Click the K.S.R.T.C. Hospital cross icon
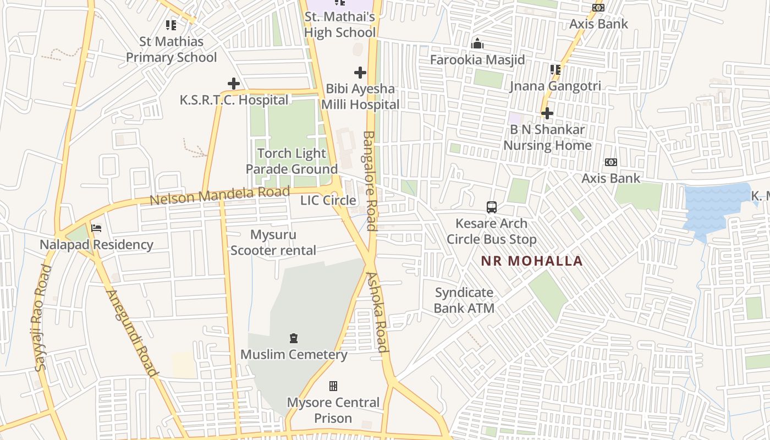(234, 84)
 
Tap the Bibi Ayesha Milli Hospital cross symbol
(360, 72)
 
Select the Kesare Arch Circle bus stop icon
(492, 207)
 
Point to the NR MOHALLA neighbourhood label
(532, 261)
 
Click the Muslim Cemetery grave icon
(294, 338)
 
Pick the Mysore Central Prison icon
(333, 386)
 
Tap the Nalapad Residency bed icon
(96, 228)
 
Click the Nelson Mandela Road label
(219, 195)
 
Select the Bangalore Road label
(370, 180)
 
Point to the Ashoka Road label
(377, 312)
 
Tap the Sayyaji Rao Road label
(42, 318)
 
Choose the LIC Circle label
(328, 200)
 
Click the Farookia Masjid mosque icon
(477, 43)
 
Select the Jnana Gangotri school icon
(555, 70)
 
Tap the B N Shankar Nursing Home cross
(547, 113)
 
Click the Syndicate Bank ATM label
(464, 300)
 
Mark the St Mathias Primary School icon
(171, 25)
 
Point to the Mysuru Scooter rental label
(273, 243)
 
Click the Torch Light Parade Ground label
(291, 161)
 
